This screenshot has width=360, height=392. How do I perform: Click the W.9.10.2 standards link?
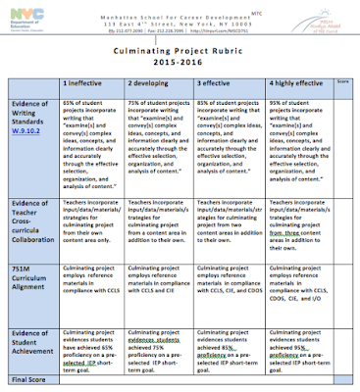(26, 125)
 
